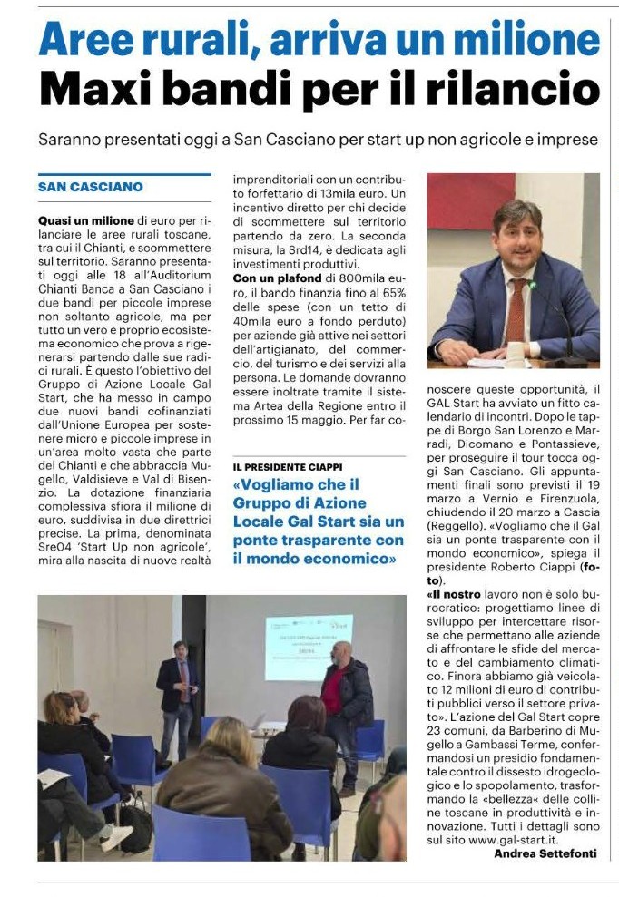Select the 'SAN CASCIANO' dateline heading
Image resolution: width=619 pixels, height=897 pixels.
pyautogui.click(x=91, y=187)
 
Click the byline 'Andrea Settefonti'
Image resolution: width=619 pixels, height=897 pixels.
pyautogui.click(x=546, y=853)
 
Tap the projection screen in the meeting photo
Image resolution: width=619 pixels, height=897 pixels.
pyautogui.click(x=309, y=647)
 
